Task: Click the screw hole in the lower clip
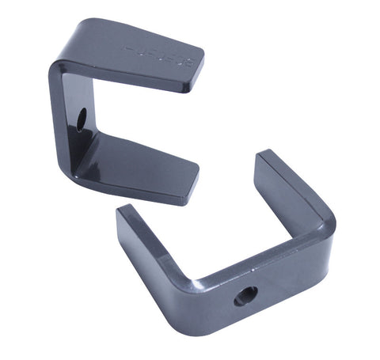coord(245,296)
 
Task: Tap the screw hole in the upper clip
coord(82,120)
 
